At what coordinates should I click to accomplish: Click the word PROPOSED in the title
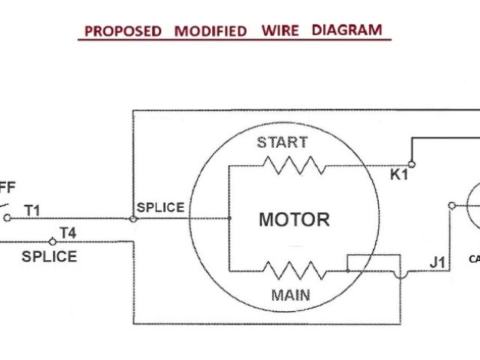pos(122,31)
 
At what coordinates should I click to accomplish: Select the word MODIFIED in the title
pos(211,31)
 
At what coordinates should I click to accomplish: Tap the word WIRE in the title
pos(280,31)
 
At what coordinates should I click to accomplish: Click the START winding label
pos(282,142)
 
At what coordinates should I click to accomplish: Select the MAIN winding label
pos(291,294)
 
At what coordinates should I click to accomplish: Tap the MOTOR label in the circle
pos(294,220)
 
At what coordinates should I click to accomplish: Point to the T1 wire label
pos(33,210)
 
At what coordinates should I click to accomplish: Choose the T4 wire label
pos(67,233)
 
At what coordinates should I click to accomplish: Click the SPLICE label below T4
pos(49,256)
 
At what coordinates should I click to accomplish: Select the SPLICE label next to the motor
pos(160,207)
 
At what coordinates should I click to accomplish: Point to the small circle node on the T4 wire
pos(52,241)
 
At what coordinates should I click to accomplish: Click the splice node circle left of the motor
pos(133,219)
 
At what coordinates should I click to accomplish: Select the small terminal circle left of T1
pos(7,218)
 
